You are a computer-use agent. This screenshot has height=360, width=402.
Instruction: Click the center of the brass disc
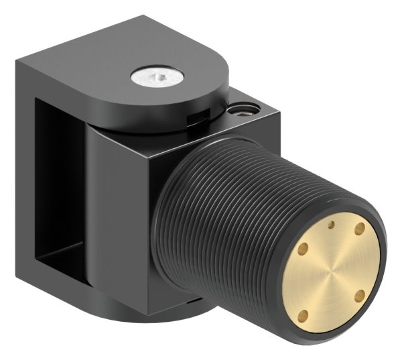332,272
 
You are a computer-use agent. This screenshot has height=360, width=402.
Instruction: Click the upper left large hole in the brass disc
301,249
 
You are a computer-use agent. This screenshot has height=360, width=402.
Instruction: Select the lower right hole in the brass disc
359,295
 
